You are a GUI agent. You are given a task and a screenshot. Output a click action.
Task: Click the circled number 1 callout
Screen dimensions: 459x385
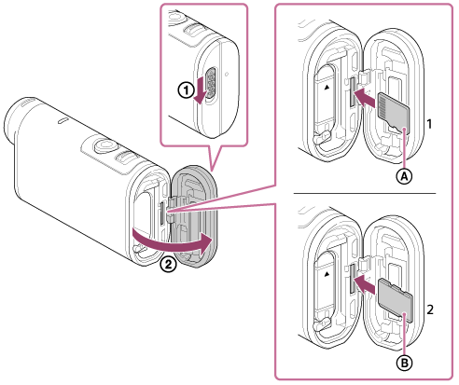click(186, 90)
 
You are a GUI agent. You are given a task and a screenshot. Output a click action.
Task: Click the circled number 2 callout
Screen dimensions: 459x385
click(168, 265)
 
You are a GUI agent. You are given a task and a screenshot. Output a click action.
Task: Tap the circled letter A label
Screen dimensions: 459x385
click(404, 176)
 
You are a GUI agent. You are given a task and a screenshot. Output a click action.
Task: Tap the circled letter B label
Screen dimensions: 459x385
click(405, 362)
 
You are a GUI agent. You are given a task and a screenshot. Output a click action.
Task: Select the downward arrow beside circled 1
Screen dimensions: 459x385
click(200, 90)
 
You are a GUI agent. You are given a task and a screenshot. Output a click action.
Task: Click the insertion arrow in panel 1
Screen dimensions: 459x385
click(366, 98)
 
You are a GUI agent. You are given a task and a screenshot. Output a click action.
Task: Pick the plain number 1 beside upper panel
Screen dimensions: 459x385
click(429, 124)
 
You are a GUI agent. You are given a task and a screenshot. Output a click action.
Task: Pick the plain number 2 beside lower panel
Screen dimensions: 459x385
click(430, 309)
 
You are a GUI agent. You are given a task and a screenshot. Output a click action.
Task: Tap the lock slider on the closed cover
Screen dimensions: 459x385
click(212, 83)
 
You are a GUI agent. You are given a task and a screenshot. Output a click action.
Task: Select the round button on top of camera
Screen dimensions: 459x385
click(104, 144)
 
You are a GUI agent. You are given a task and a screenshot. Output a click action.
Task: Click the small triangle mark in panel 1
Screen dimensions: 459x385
click(327, 88)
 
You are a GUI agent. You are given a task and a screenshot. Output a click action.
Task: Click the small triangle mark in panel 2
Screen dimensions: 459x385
click(327, 274)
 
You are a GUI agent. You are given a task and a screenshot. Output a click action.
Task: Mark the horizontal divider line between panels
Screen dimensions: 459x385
click(365, 193)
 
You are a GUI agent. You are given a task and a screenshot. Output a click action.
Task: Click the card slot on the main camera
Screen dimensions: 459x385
click(162, 214)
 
